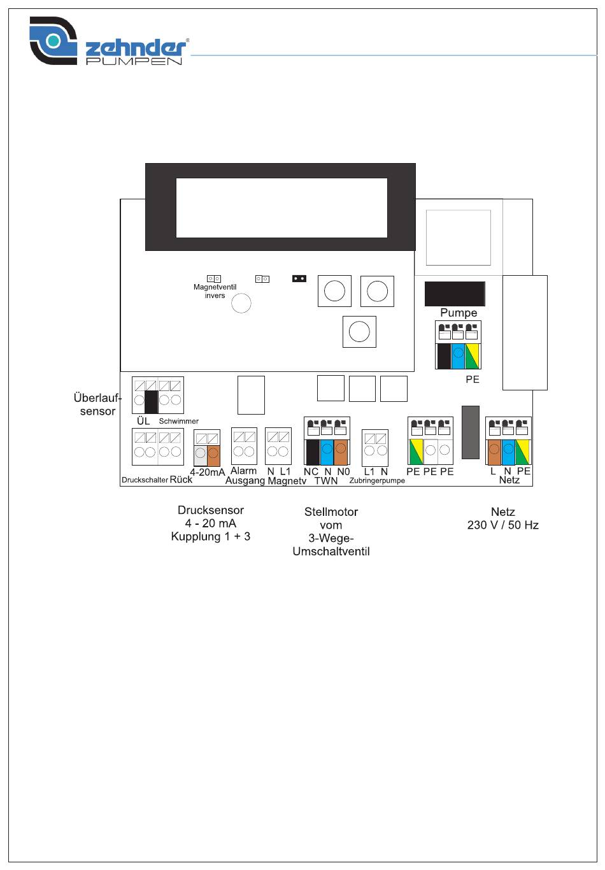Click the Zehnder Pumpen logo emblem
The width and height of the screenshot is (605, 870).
53,40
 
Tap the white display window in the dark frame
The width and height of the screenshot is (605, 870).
281,208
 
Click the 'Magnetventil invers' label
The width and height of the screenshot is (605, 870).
215,291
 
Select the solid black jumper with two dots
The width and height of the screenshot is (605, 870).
299,278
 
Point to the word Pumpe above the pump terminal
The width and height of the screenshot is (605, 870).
459,313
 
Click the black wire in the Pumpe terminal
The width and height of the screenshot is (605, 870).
443,356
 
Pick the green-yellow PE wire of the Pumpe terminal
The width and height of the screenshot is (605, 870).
473,356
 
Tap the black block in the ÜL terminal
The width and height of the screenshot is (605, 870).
151,402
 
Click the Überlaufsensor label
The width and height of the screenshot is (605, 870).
97,404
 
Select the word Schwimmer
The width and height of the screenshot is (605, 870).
178,421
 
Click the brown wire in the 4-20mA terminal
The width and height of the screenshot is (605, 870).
213,455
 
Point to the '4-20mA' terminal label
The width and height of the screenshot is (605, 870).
208,473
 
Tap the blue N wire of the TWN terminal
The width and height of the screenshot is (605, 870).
327,452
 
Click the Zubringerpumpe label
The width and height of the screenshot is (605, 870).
376,480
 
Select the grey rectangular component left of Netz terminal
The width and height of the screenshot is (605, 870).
470,432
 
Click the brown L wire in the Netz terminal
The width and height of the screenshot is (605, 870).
494,452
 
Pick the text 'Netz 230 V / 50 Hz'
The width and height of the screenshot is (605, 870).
503,518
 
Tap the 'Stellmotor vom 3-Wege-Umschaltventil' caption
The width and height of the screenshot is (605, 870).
331,532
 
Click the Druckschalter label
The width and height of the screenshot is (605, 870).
145,480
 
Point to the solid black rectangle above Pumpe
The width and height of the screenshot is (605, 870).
455,294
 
